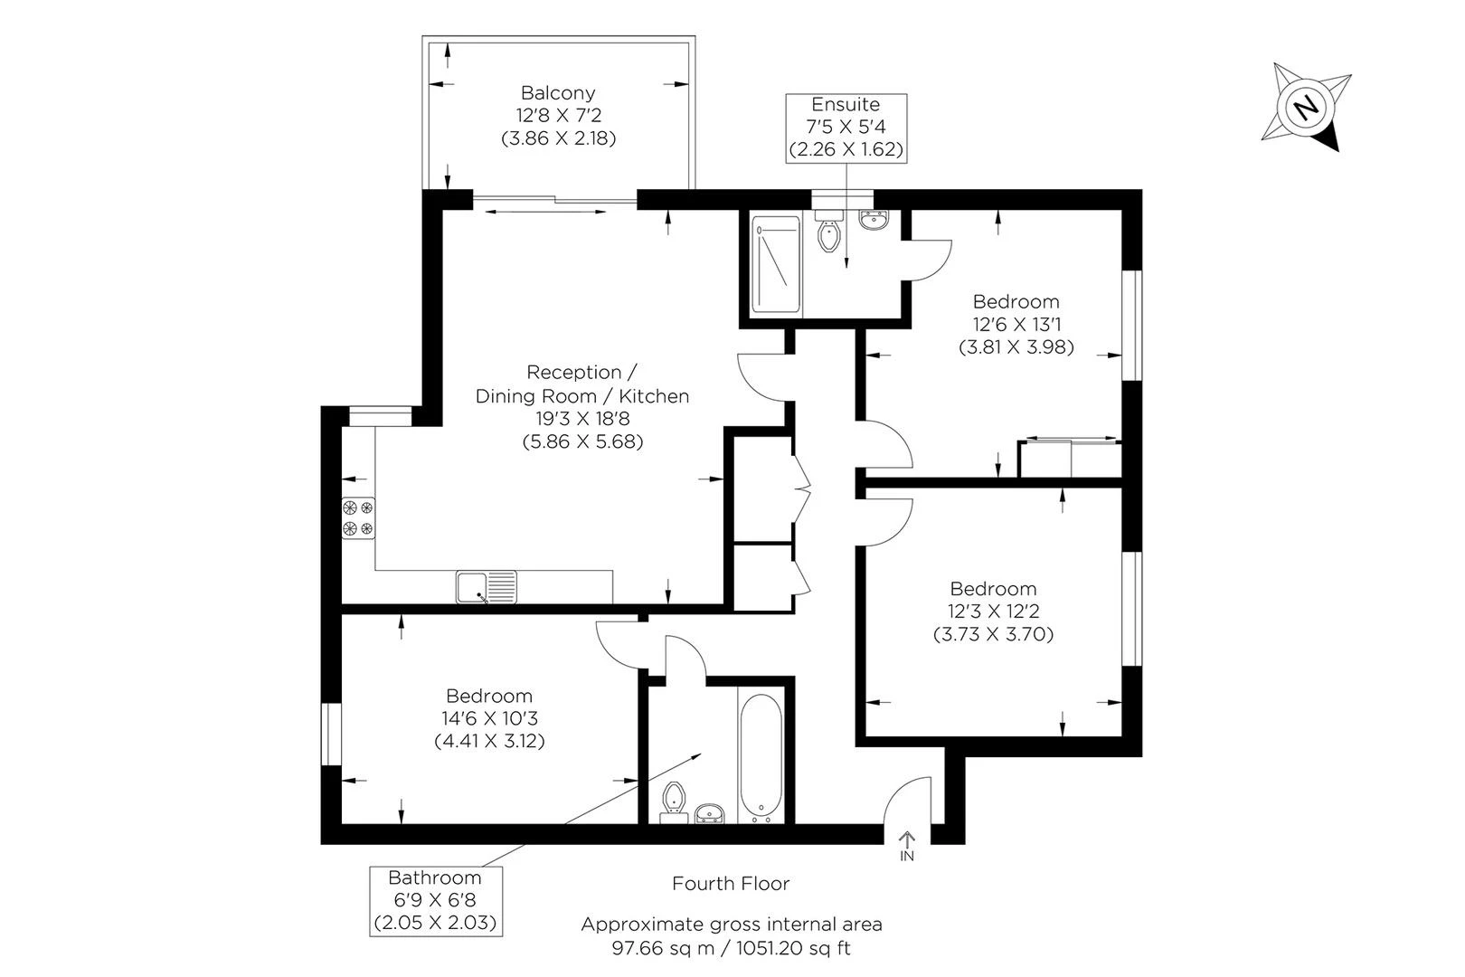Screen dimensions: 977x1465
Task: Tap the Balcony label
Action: click(558, 92)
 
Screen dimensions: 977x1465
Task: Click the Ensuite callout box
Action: click(846, 127)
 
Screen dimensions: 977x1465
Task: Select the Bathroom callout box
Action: click(435, 900)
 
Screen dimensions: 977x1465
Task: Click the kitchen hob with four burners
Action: click(357, 518)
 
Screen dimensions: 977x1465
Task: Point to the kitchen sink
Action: click(486, 586)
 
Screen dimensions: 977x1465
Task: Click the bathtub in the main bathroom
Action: click(760, 757)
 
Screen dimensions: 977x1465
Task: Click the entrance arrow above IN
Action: click(907, 839)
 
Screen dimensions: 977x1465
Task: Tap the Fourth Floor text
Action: click(731, 884)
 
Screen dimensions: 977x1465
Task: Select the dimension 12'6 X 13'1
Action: click(1016, 324)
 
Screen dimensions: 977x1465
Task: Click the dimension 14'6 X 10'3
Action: click(489, 718)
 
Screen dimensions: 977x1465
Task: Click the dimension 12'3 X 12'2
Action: click(993, 612)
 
